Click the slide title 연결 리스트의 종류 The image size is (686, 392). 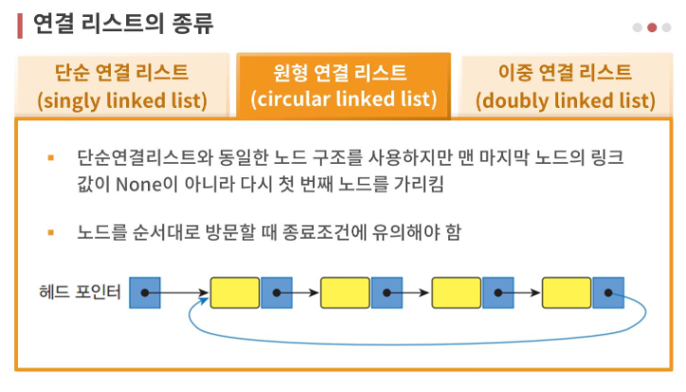click(x=123, y=23)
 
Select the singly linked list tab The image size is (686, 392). click(x=122, y=85)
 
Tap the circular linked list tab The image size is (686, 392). click(x=343, y=85)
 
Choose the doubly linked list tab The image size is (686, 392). click(x=566, y=85)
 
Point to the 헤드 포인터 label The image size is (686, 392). click(x=80, y=293)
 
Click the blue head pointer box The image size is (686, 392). click(x=144, y=294)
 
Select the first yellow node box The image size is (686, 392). click(x=235, y=294)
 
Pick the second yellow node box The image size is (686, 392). click(x=346, y=294)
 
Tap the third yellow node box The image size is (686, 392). click(x=457, y=294)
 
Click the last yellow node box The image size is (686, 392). click(x=568, y=294)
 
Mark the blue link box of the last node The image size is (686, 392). click(x=608, y=294)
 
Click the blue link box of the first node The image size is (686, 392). click(x=276, y=294)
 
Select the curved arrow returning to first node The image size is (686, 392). click(x=417, y=338)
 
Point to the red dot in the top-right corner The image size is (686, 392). click(x=652, y=27)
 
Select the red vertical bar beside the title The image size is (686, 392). click(x=20, y=24)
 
